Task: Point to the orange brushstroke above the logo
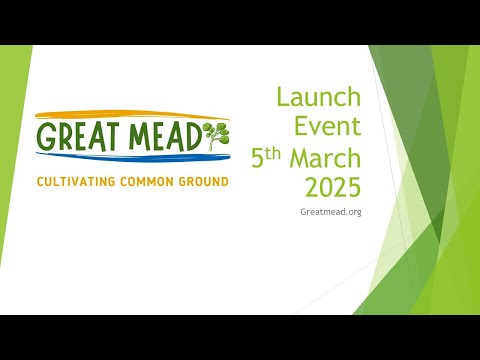coord(120,115)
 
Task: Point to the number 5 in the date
coord(257,158)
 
